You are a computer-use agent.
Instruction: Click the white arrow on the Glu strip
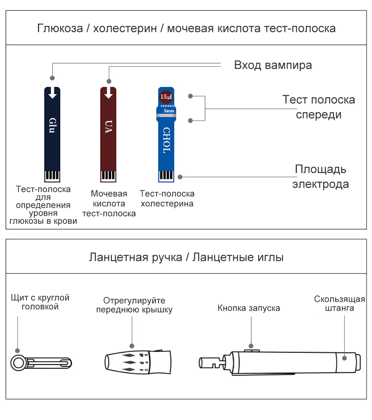click(x=52, y=93)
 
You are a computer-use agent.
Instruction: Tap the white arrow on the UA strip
click(x=109, y=93)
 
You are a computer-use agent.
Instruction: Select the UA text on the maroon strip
click(x=108, y=126)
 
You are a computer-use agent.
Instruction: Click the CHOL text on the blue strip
click(x=166, y=140)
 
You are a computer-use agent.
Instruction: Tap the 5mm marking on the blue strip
click(x=169, y=111)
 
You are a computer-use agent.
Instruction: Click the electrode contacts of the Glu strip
click(x=52, y=175)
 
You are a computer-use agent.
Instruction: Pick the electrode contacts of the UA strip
click(x=108, y=175)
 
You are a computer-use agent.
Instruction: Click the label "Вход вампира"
click(x=273, y=65)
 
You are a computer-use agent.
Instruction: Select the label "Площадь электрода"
click(x=320, y=177)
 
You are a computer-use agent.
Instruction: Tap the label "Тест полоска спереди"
click(x=318, y=107)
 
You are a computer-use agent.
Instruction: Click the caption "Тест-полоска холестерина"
click(x=167, y=198)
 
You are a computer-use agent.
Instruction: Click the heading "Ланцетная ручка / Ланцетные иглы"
click(x=186, y=257)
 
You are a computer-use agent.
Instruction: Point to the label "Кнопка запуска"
click(x=248, y=308)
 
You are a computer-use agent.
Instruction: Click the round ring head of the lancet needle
click(x=17, y=362)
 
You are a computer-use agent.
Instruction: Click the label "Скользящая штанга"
click(x=339, y=303)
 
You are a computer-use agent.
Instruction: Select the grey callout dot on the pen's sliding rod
click(x=344, y=358)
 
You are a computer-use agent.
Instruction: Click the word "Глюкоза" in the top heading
click(x=60, y=28)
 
